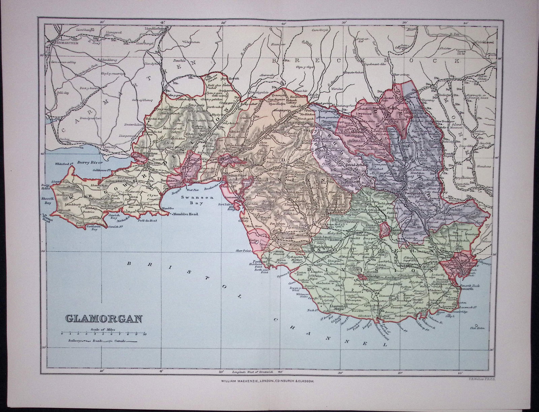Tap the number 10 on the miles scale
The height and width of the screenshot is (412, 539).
pos(144,335)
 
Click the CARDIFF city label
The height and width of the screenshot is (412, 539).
pos(468,265)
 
